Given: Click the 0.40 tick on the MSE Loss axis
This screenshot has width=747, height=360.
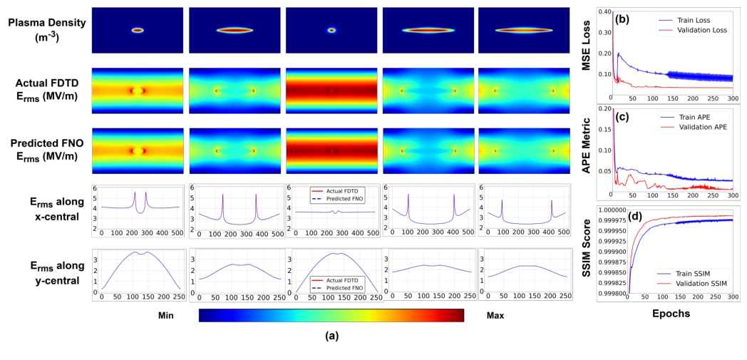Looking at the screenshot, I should point(604,11).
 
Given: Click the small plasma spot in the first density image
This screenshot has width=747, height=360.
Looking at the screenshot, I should point(138,30).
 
